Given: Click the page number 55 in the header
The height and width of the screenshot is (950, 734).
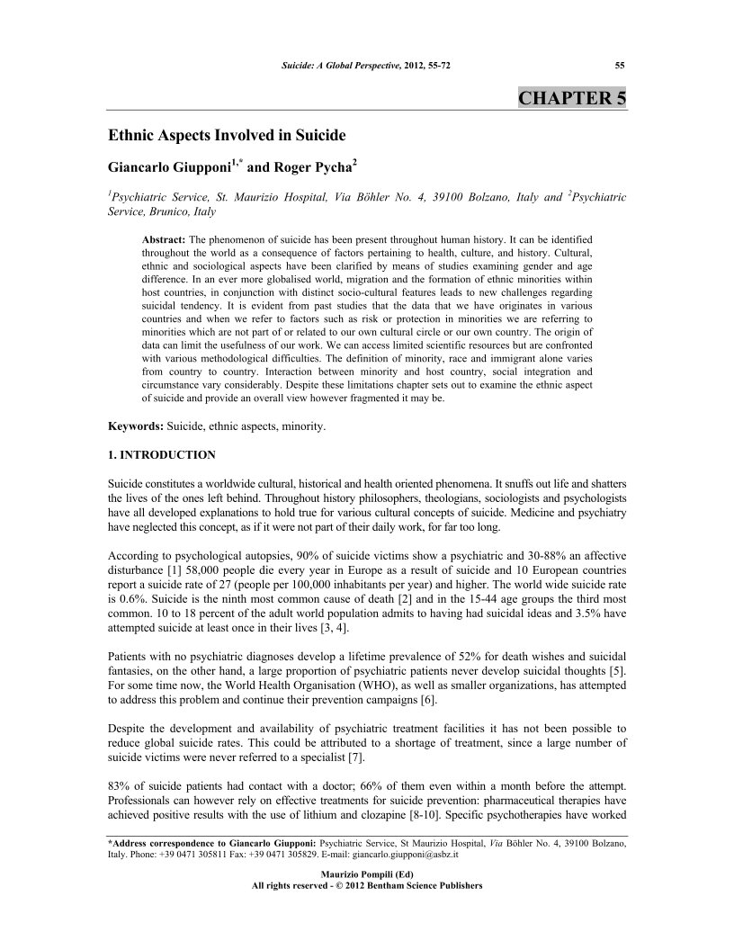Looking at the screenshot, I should click(620, 65).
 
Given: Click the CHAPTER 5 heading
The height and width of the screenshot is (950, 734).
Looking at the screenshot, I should click(572, 98).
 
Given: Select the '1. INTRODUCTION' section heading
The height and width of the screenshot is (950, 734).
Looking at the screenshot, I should click(161, 455).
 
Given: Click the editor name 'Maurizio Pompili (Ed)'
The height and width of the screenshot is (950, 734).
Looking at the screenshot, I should click(367, 874).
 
